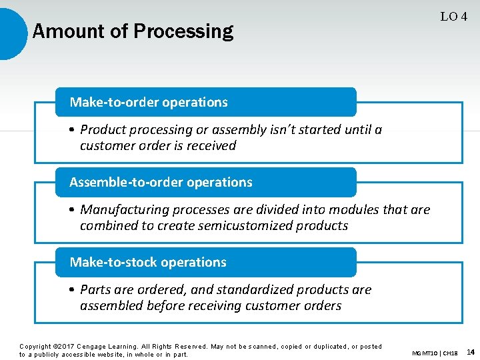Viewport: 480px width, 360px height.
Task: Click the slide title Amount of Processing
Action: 133,31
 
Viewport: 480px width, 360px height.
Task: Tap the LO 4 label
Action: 453,17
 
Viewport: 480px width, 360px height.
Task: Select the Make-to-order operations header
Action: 149,102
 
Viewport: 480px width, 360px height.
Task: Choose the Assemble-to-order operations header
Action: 161,182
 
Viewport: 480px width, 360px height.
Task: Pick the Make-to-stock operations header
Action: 148,262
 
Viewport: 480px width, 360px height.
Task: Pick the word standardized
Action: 217,289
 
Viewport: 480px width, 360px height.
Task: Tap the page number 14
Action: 471,352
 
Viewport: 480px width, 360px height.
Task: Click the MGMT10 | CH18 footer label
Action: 435,353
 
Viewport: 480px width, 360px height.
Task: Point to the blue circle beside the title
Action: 12,31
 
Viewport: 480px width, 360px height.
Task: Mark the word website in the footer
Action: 123,354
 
